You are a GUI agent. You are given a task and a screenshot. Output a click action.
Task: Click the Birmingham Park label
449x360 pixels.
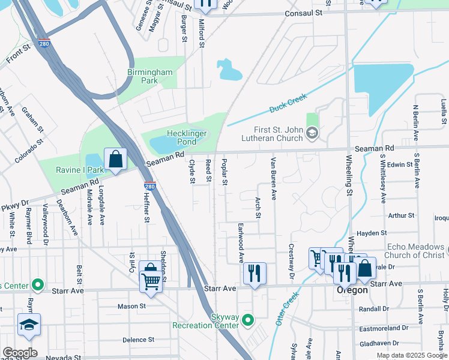pos(149,77)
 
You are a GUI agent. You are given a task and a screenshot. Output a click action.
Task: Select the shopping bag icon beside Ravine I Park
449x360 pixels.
pos(115,159)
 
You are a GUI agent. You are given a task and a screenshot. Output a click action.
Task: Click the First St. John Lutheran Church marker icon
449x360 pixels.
pos(311,133)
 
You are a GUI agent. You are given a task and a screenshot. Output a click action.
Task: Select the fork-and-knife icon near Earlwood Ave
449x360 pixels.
pos(255,274)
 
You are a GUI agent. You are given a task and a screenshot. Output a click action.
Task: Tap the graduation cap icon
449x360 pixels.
pos(29,325)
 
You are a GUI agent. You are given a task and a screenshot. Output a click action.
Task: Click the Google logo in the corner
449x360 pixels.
pos(20,353)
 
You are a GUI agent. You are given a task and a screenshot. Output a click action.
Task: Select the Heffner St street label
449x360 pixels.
pos(146,208)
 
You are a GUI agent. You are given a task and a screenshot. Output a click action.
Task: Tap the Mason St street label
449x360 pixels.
pos(131,306)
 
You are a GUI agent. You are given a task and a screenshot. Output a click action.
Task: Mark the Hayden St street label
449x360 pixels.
pos(372,233)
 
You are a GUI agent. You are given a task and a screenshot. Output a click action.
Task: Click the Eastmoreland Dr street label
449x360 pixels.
pos(384,328)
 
